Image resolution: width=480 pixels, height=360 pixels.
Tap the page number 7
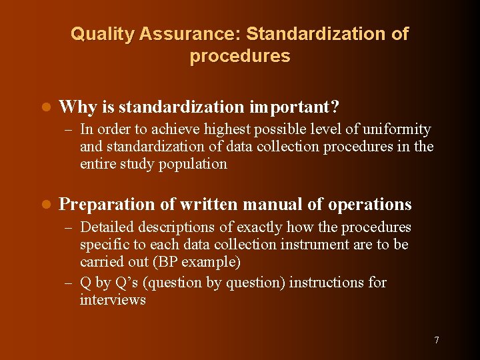tap(437, 340)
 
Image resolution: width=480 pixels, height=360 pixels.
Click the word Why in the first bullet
tap(73, 107)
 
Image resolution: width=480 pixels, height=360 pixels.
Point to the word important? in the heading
tap(295, 107)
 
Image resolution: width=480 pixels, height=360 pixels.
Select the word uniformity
tap(396, 129)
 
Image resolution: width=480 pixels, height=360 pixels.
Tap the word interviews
tap(113, 299)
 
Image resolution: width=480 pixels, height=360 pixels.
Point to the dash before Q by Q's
tap(69, 283)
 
